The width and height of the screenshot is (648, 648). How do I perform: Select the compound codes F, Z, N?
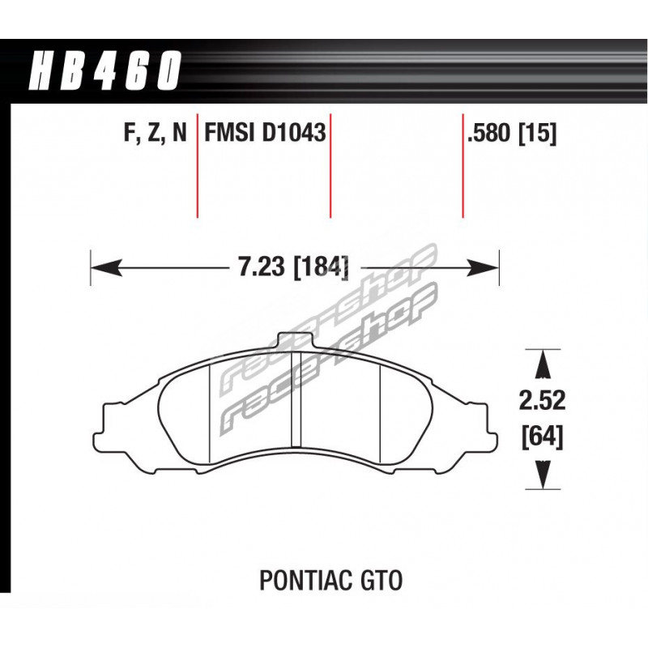pyautogui.click(x=156, y=133)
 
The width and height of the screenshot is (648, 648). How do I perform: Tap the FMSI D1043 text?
pyautogui.click(x=265, y=133)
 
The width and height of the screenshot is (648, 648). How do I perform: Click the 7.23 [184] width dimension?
pyautogui.click(x=292, y=267)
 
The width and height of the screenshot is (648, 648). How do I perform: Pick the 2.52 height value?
pyautogui.click(x=542, y=400)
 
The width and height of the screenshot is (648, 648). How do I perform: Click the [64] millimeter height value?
pyautogui.click(x=542, y=437)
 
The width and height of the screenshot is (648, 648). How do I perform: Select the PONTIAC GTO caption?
pyautogui.click(x=330, y=580)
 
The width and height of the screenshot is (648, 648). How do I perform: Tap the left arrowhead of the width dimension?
pyautogui.click(x=106, y=267)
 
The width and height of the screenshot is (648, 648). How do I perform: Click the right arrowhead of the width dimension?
pyautogui.click(x=483, y=267)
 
